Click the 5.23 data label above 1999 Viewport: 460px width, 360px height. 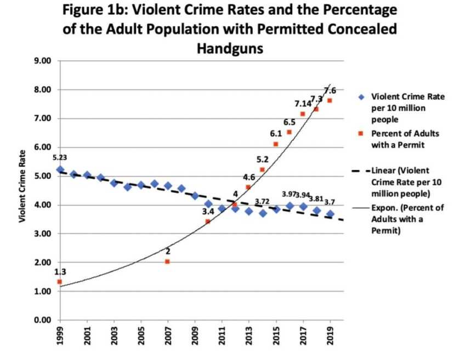click(60, 157)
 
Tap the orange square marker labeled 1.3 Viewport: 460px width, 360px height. click(60, 282)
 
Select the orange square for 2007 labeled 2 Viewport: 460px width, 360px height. click(167, 262)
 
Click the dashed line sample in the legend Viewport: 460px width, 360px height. click(362, 172)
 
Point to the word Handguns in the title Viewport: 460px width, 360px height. click(230, 49)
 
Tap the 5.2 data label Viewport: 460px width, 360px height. click(263, 159)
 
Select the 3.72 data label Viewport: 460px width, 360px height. click(262, 202)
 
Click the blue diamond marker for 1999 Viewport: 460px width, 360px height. click(60, 169)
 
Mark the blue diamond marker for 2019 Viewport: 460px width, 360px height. click(330, 214)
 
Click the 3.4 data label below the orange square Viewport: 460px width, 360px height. click(208, 212)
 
